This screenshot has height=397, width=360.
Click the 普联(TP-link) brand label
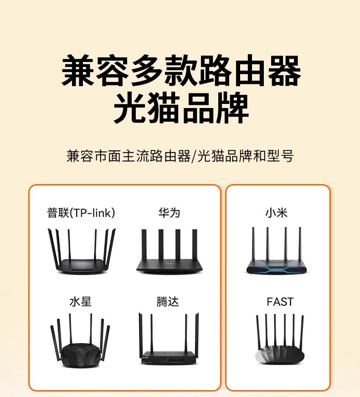81,213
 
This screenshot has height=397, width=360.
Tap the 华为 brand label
169,213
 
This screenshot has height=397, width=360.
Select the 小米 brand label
277,213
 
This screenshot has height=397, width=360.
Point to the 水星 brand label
80,302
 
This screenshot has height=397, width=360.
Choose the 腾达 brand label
168,302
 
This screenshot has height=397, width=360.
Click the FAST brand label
280,302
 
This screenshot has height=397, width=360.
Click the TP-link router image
82,251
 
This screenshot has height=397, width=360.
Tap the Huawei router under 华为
169,252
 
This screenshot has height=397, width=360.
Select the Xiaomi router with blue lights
277,251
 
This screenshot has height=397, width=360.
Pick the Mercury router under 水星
80,340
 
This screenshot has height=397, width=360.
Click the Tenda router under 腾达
169,339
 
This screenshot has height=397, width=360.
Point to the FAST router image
279,339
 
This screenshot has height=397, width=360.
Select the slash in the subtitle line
194,156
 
